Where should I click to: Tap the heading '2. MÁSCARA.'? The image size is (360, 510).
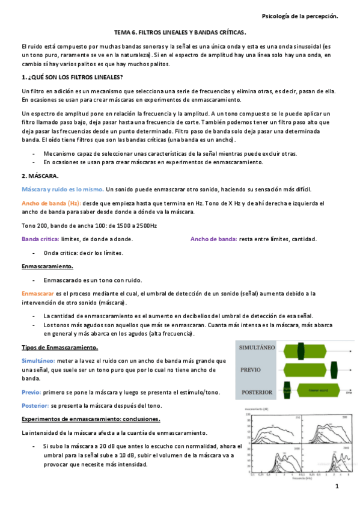click(x=40, y=176)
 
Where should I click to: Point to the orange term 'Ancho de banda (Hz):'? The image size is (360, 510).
click(x=50, y=203)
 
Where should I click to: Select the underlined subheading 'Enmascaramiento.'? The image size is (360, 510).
click(x=47, y=266)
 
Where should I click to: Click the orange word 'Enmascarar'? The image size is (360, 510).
click(x=38, y=293)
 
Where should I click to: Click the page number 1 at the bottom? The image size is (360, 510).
click(x=337, y=487)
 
